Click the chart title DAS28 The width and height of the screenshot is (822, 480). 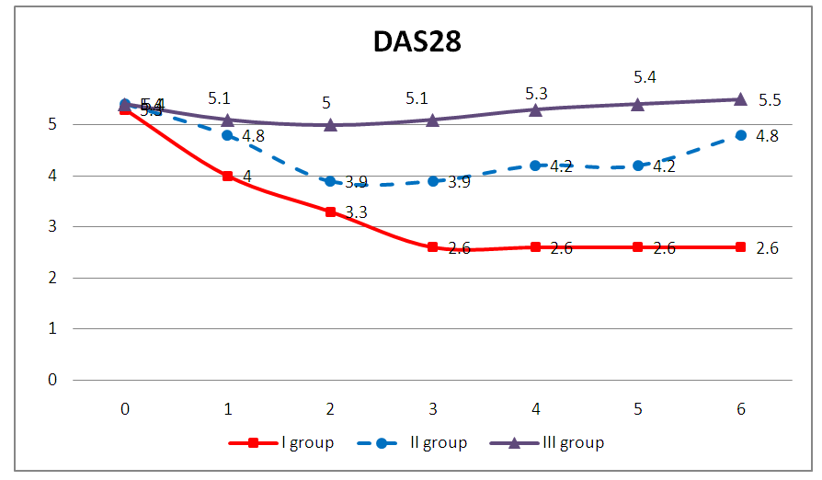(x=411, y=41)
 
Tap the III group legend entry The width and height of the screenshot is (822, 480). (x=571, y=443)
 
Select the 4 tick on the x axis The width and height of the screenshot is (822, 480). (x=535, y=407)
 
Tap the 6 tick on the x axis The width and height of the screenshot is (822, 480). (x=740, y=407)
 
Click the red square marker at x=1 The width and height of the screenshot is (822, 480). (x=227, y=176)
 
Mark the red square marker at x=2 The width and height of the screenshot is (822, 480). (x=330, y=211)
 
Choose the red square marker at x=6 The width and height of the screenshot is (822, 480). (x=740, y=247)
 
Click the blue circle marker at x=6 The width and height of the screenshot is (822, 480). (x=740, y=135)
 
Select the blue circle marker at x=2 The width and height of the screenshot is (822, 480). (x=330, y=181)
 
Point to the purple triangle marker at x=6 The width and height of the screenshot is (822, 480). (x=740, y=98)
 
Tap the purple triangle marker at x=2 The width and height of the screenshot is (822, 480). (x=330, y=124)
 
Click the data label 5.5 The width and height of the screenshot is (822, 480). (x=770, y=100)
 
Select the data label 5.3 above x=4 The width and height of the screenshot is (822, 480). (x=536, y=93)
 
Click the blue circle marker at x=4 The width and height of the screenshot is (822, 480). (x=535, y=166)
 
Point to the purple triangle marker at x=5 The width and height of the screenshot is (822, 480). (x=638, y=104)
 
